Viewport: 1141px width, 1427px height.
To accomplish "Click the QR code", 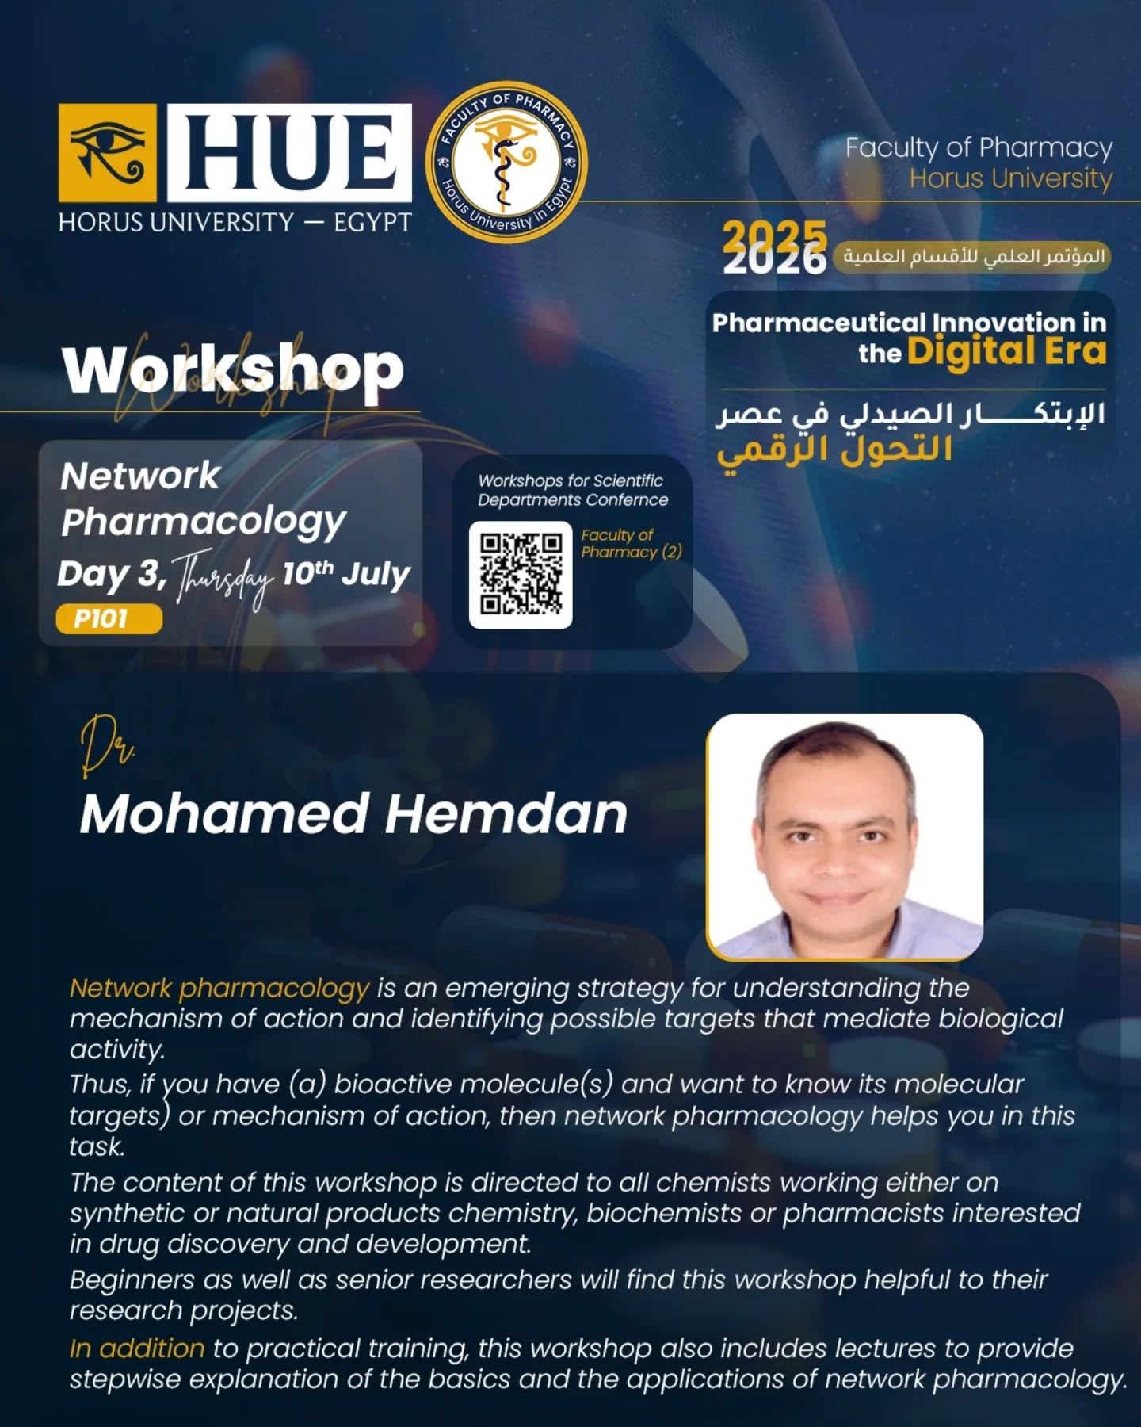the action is pyautogui.click(x=521, y=575).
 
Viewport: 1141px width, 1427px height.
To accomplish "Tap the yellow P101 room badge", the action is pyautogui.click(x=109, y=618).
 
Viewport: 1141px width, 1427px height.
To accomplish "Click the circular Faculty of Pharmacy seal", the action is pyautogui.click(x=507, y=161).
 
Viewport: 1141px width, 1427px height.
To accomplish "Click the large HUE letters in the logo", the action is pyautogui.click(x=289, y=152).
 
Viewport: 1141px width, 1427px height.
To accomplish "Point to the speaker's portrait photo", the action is pyautogui.click(x=845, y=836).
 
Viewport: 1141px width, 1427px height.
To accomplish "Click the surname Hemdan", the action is pyautogui.click(x=507, y=814).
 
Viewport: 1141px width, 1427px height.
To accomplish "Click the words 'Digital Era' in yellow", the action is pyautogui.click(x=1006, y=351).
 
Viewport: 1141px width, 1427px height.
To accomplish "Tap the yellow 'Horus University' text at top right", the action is pyautogui.click(x=1011, y=178).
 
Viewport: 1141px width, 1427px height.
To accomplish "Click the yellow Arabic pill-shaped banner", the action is pyautogui.click(x=972, y=257).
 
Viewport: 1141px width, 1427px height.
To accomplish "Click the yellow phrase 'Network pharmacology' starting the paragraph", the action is pyautogui.click(x=219, y=989).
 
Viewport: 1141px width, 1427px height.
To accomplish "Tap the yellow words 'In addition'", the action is pyautogui.click(x=137, y=1349).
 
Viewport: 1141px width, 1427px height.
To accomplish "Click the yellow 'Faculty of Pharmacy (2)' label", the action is pyautogui.click(x=632, y=544).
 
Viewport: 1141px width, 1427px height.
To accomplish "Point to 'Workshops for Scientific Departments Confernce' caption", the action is pyautogui.click(x=573, y=490).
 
